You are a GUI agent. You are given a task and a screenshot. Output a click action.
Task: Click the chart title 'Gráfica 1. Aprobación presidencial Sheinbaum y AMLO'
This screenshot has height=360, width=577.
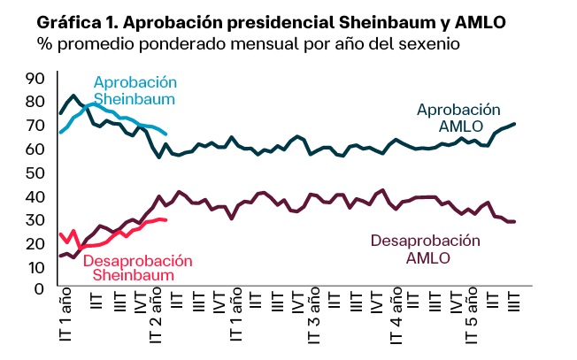pyautogui.click(x=271, y=23)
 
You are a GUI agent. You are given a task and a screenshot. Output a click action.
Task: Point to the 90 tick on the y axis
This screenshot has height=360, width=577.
pyautogui.click(x=35, y=79)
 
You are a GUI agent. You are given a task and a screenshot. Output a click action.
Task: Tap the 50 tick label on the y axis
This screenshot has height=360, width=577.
pyautogui.click(x=35, y=173)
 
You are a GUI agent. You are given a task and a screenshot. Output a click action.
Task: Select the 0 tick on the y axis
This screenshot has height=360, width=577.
pyautogui.click(x=39, y=289)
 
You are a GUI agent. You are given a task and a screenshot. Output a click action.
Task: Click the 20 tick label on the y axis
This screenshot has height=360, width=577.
pyautogui.click(x=35, y=244)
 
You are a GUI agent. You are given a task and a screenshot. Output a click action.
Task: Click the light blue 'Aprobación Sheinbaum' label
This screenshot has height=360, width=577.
pyautogui.click(x=135, y=90)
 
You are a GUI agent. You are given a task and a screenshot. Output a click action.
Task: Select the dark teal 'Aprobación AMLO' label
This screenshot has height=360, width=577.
pyautogui.click(x=459, y=118)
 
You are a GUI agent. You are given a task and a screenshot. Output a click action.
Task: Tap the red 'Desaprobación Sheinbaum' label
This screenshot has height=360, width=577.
pyautogui.click(x=137, y=267)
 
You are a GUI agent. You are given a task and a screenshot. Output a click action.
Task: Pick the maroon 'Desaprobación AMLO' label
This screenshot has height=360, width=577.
pyautogui.click(x=426, y=249)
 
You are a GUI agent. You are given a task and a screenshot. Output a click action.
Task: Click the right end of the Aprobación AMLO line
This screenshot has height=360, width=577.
pyautogui.click(x=514, y=124)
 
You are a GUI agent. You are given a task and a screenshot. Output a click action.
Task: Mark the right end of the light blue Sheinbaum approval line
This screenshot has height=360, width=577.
pyautogui.click(x=165, y=134)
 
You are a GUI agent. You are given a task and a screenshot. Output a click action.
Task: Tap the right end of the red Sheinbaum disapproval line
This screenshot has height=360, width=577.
pyautogui.click(x=165, y=220)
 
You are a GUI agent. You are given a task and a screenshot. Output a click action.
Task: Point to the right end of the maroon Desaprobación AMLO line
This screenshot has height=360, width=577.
pyautogui.click(x=514, y=222)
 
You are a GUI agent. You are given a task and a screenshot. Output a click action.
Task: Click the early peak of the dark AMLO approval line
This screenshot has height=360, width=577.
pyautogui.click(x=73, y=96)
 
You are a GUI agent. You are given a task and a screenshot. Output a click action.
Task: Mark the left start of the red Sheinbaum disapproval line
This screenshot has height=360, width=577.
pyautogui.click(x=61, y=234)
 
